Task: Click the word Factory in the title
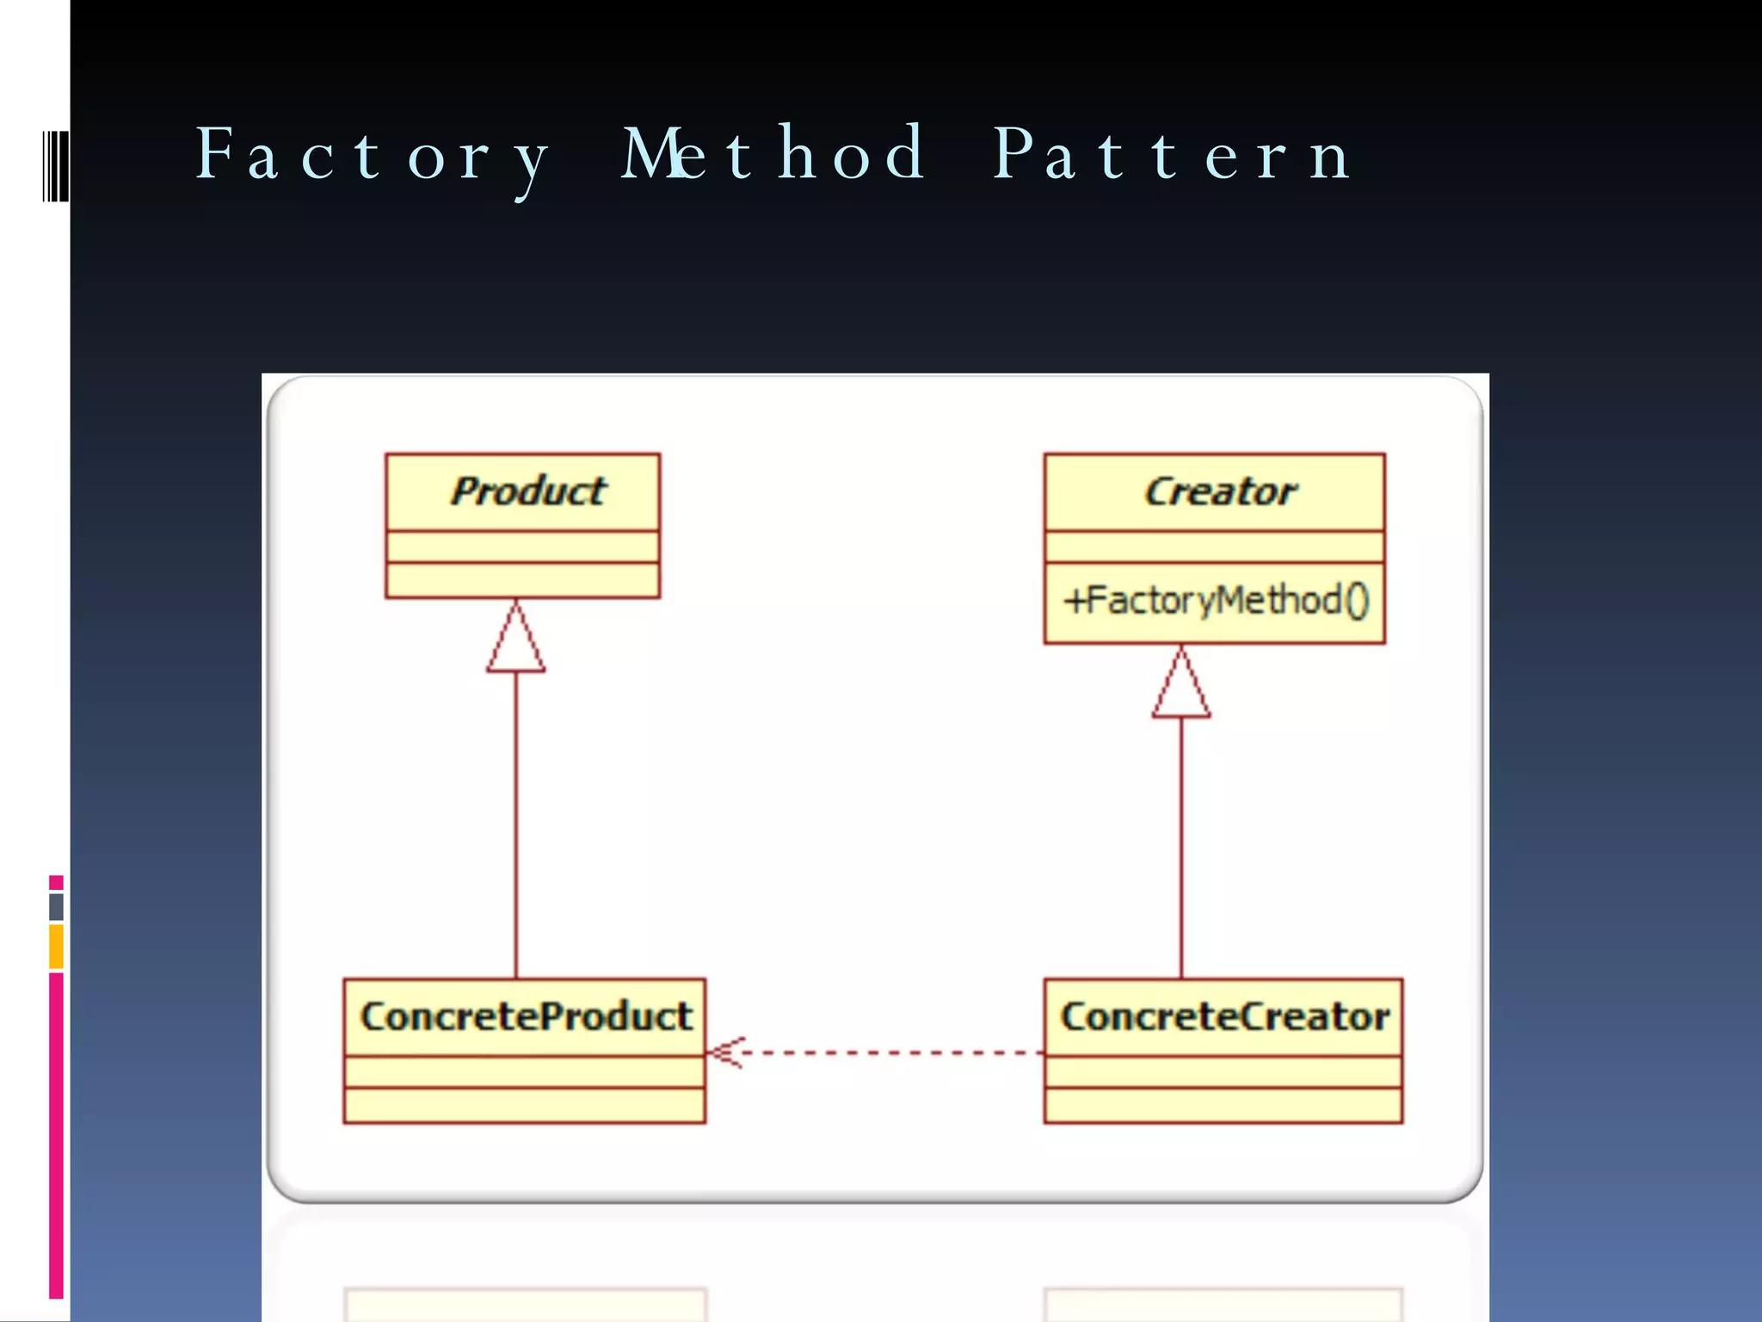373,155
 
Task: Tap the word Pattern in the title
1172,155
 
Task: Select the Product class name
527,491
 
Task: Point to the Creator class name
1220,491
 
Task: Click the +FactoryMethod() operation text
1215,601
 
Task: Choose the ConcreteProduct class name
526,1016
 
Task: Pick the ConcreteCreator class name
1224,1016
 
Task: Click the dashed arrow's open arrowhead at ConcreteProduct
723,1053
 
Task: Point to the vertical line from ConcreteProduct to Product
516,826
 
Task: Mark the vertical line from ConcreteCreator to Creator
1181,848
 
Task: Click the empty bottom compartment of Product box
522,580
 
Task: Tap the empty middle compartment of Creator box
1214,547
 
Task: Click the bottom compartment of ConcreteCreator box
1223,1105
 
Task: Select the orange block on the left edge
56,946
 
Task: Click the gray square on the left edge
56,906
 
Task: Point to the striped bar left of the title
56,166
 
